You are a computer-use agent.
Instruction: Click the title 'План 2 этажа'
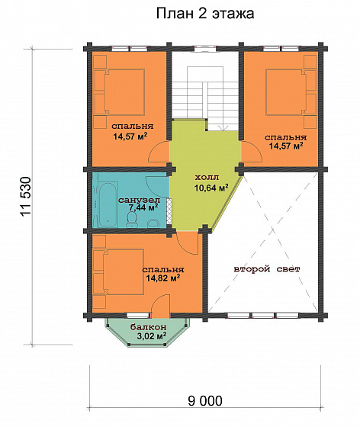[205, 14]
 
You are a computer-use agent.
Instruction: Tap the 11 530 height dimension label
[27, 197]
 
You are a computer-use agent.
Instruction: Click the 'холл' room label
[207, 178]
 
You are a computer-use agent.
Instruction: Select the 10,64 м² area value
[211, 188]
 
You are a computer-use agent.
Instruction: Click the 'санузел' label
[140, 200]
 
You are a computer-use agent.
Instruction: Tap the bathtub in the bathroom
[108, 204]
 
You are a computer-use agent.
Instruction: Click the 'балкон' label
[149, 327]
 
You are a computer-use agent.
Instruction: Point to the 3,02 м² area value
[152, 336]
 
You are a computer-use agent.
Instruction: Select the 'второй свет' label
[267, 269]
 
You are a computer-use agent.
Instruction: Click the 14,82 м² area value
[163, 278]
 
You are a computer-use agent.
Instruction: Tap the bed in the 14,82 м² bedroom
[118, 272]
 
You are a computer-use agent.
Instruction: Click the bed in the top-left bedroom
[119, 91]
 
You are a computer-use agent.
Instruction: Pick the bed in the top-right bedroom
[291, 92]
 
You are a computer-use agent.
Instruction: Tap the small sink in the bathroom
[153, 223]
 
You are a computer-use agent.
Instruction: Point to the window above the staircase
[206, 49]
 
